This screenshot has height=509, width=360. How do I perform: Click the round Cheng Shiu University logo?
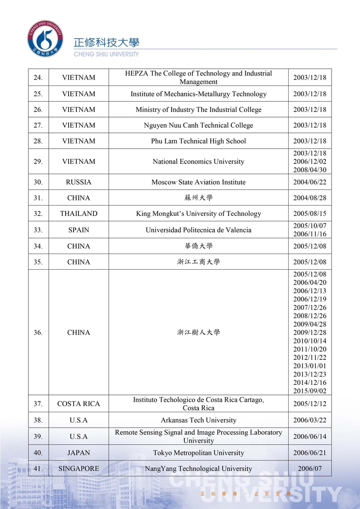coord(45,38)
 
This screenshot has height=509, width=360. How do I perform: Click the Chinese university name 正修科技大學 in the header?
coord(106,42)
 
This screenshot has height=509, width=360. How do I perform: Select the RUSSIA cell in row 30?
coord(78,182)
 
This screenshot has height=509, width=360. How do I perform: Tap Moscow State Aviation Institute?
coord(198,182)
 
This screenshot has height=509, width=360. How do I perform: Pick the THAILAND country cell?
coord(78,214)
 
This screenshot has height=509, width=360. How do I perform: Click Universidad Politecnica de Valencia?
coord(198,230)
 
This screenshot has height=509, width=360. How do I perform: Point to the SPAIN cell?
coord(78,230)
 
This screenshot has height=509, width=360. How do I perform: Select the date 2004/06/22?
coord(310,182)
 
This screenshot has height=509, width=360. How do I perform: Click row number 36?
coord(38,332)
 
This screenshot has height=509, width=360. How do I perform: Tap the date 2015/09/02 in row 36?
coord(310,391)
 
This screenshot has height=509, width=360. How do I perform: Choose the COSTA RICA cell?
coord(78,404)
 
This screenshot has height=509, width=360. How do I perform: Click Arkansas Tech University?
coord(198,420)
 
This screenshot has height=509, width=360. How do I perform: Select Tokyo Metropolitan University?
coord(198,453)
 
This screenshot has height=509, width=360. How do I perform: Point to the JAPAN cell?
coord(78,453)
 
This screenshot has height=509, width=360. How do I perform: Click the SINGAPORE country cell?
coord(78,469)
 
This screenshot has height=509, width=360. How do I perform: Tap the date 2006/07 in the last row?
coord(310,469)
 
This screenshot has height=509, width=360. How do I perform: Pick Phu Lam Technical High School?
coord(198,141)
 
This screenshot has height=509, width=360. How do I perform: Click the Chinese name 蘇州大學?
coord(198,198)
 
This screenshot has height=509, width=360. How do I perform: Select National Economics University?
coord(198,162)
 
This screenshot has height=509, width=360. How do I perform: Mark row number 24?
coord(38,77)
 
